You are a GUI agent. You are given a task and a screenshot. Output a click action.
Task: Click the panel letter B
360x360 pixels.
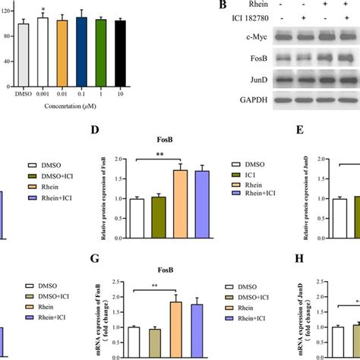pyautogui.click(x=222, y=6)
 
